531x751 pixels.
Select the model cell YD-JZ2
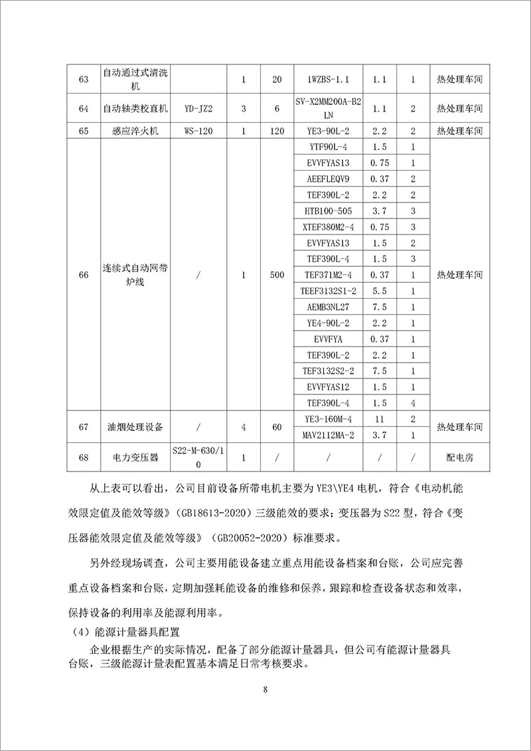(x=198, y=108)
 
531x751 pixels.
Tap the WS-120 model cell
(x=198, y=131)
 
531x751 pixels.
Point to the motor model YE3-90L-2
(x=329, y=131)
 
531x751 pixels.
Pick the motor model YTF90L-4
(x=329, y=147)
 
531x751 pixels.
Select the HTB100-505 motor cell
(x=329, y=211)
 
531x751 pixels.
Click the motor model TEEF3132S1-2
(x=329, y=291)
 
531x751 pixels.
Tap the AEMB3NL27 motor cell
(x=329, y=307)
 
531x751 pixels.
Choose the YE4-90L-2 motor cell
(x=329, y=323)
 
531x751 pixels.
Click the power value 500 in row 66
(x=277, y=275)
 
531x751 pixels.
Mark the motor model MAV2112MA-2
(x=329, y=435)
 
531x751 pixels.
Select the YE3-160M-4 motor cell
(x=329, y=419)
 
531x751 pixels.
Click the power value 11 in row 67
(x=380, y=419)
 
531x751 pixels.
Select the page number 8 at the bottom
(x=265, y=690)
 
